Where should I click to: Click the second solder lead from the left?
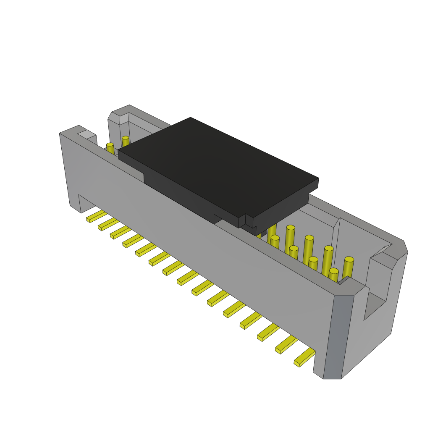108,224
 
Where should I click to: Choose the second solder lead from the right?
286,344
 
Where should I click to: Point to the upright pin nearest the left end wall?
110,149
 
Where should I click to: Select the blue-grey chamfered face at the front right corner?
338,336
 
